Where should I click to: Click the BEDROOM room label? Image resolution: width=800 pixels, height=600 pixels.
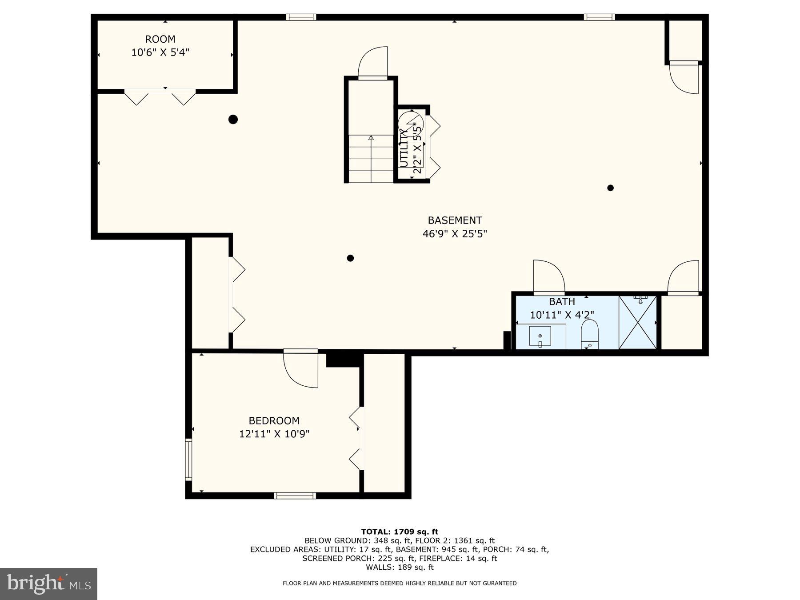[x=274, y=420]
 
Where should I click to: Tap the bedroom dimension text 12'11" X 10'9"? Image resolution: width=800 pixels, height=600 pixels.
[x=274, y=434]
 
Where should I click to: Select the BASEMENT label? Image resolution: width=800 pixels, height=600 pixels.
[x=455, y=220]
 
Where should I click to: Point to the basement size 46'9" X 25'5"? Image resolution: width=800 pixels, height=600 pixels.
[x=455, y=234]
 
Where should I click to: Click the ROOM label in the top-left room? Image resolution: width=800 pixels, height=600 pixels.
[x=160, y=39]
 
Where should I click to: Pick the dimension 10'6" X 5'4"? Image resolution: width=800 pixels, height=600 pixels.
[x=160, y=52]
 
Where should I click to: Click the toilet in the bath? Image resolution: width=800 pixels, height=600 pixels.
[x=590, y=335]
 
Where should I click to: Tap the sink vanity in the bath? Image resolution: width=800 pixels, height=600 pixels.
[x=540, y=336]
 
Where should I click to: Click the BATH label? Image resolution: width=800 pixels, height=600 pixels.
[x=562, y=302]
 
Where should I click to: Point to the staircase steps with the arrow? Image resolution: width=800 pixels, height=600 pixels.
[x=371, y=158]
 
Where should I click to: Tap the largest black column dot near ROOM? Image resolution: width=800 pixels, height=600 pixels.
[x=233, y=119]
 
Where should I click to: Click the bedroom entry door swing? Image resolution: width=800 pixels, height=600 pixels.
[x=301, y=369]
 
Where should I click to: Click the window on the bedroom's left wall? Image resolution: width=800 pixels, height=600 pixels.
[x=188, y=460]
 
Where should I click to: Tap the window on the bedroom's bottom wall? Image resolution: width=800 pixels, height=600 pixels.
[x=295, y=496]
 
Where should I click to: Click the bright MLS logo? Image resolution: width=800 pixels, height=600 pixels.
[x=48, y=584]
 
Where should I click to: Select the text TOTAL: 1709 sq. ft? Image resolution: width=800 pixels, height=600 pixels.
[x=400, y=532]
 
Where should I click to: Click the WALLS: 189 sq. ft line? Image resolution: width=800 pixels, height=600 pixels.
[x=400, y=567]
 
